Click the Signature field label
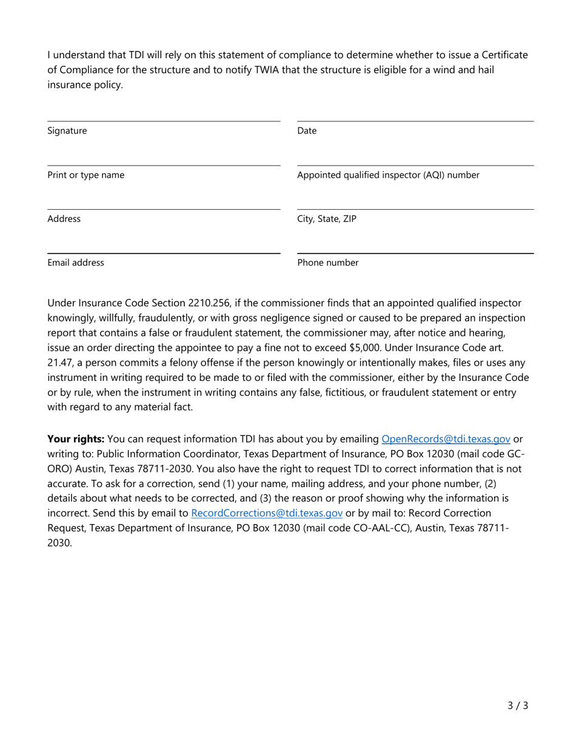67,131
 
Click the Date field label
307,131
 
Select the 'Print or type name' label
86,175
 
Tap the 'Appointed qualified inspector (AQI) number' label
388,175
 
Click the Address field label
64,219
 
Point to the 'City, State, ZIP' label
327,219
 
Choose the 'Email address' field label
76,263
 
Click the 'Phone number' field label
327,263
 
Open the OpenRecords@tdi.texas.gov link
446,439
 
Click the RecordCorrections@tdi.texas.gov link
267,513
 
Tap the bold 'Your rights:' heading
76,439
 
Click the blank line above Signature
164,121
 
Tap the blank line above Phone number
415,253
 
